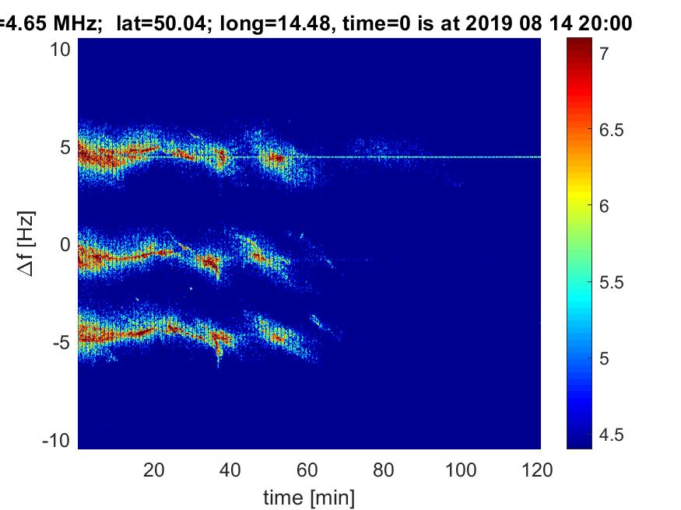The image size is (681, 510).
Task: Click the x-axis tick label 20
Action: click(154, 469)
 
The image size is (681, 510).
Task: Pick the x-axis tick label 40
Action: click(231, 469)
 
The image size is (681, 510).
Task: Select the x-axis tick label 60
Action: click(308, 469)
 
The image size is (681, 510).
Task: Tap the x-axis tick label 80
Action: click(384, 469)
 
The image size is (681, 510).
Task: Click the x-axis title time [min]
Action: click(309, 496)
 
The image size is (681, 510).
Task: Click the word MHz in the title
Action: click(75, 24)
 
